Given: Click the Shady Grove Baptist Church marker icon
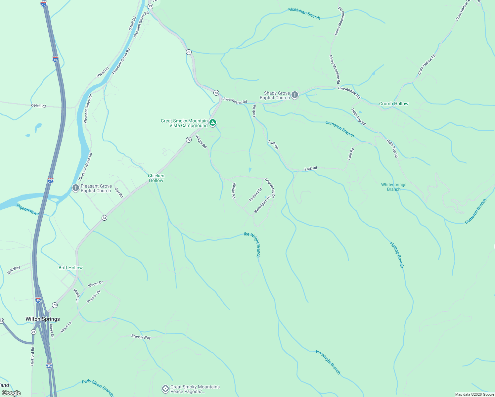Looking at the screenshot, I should [x=295, y=95].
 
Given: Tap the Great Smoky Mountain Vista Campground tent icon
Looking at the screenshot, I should [x=213, y=123].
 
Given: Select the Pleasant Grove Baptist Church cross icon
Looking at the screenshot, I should [x=76, y=188].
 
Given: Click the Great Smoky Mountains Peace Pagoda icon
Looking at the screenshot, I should [x=165, y=389].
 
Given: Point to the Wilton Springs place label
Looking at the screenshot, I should [x=43, y=319].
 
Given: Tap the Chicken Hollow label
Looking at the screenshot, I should [x=156, y=178].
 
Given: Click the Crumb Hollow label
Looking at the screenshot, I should [x=393, y=104].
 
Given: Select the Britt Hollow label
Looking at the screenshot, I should [x=70, y=268].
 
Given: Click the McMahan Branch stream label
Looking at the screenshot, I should [x=304, y=14].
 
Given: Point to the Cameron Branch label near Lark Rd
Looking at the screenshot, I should [x=339, y=129].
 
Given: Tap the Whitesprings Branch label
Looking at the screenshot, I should [x=393, y=187].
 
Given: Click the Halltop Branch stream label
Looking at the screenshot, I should [x=397, y=254].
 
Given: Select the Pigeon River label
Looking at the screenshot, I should [x=28, y=209].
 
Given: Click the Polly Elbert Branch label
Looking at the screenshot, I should [x=98, y=387].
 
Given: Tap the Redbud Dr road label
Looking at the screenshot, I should [x=255, y=195].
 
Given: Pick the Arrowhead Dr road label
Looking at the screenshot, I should [x=270, y=188].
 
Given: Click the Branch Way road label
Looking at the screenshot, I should [x=141, y=337].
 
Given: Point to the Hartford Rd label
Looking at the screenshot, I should [x=32, y=356].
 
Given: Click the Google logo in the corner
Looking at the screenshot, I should [x=11, y=393].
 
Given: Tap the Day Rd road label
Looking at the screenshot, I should [x=119, y=193].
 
